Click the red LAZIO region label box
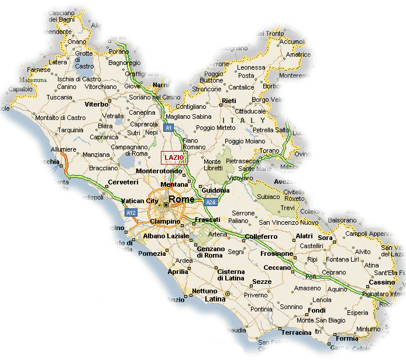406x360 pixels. pyautogui.click(x=174, y=158)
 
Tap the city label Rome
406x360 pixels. pyautogui.click(x=181, y=200)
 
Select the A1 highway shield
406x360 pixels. pyautogui.click(x=168, y=128)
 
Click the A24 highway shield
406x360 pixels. pyautogui.click(x=211, y=203)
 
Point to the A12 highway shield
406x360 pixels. pyautogui.click(x=131, y=212)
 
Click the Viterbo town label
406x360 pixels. pyautogui.click(x=97, y=104)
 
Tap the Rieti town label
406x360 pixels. pyautogui.click(x=229, y=101)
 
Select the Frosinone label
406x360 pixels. pyautogui.click(x=277, y=253)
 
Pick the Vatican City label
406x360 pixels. pyautogui.click(x=140, y=201)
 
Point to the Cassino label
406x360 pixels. pyautogui.click(x=381, y=282)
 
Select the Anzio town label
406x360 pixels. pyautogui.click(x=176, y=300)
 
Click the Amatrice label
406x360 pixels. pyautogui.click(x=298, y=54)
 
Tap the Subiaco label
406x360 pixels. pyautogui.click(x=270, y=197)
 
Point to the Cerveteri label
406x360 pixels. pyautogui.click(x=123, y=182)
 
